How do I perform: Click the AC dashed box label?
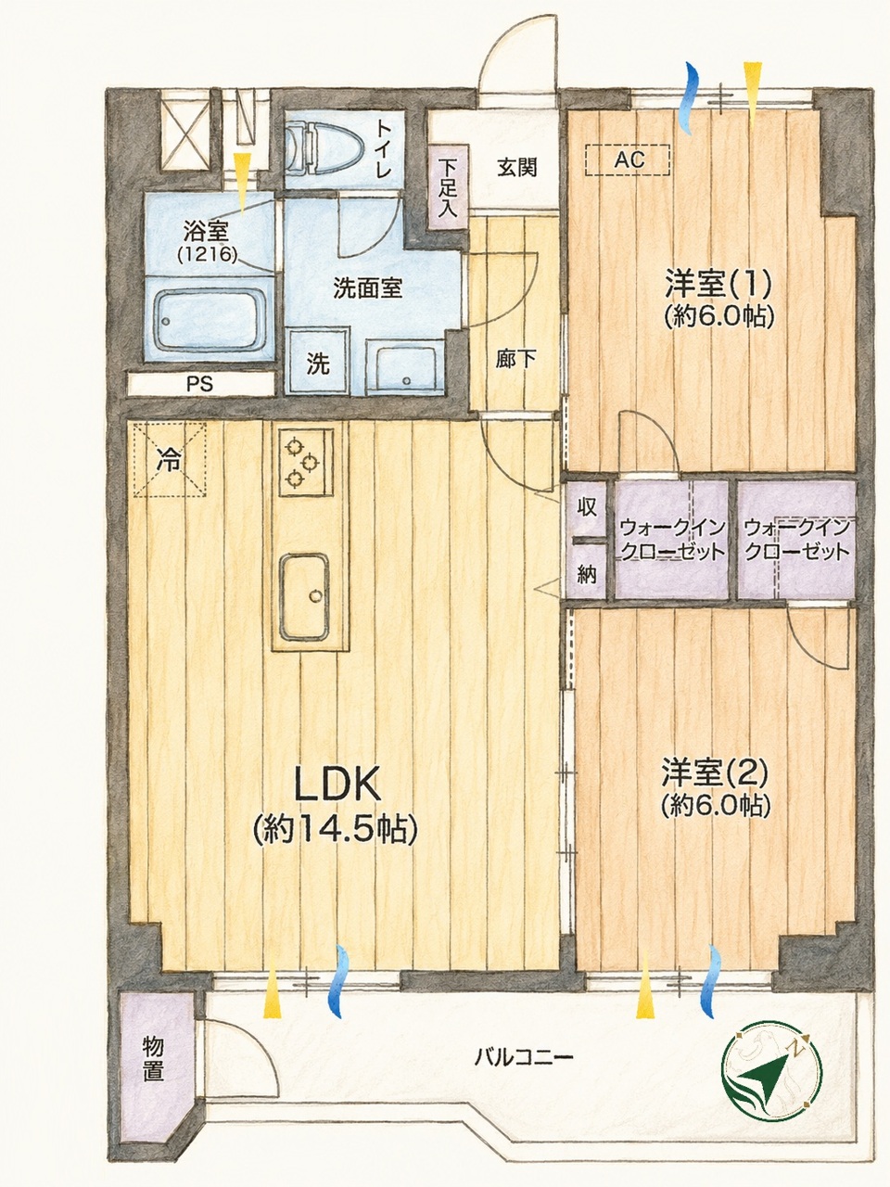pyautogui.click(x=629, y=160)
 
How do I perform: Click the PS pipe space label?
pyautogui.click(x=200, y=384)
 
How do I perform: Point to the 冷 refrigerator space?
pyautogui.click(x=170, y=459)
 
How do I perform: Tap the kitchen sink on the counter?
pyautogui.click(x=304, y=596)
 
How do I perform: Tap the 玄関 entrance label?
pyautogui.click(x=516, y=168)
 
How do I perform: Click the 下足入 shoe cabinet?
pyautogui.click(x=449, y=187)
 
